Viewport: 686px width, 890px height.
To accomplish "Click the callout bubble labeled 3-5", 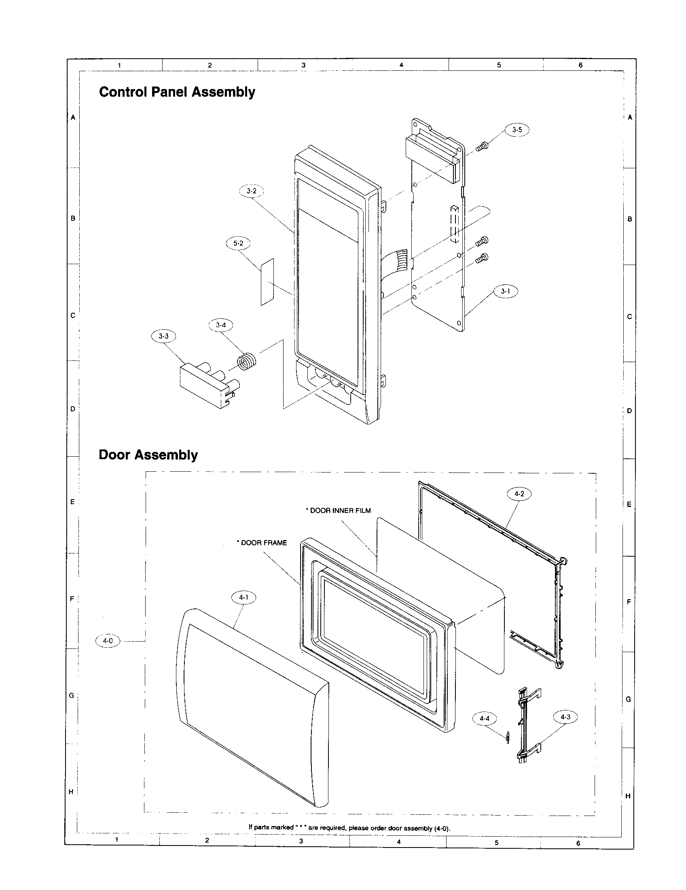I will [517, 130].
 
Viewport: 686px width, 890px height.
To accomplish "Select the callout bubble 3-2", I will [251, 191].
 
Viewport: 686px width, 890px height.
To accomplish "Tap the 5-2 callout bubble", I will [238, 243].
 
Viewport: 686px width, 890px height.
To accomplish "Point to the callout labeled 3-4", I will [221, 325].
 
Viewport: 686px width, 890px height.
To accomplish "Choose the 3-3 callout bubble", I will [163, 336].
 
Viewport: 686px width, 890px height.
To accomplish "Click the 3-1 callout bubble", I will [506, 291].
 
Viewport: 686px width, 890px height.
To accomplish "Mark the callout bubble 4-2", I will [519, 494].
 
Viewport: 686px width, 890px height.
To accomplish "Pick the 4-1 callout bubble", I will [243, 598].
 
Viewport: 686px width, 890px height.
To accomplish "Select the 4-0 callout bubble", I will [108, 641].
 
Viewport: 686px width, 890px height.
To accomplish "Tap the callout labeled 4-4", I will [484, 719].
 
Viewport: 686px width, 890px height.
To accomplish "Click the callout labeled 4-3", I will [565, 717].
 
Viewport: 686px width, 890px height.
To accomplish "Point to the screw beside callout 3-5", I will [481, 146].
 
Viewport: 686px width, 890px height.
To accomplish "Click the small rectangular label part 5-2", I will [267, 281].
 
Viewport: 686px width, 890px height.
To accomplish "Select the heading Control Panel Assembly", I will [177, 92].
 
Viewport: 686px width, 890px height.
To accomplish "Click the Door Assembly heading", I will [148, 455].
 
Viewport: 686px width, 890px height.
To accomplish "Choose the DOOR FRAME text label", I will [262, 543].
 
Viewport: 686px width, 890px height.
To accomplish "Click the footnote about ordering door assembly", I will [349, 828].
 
